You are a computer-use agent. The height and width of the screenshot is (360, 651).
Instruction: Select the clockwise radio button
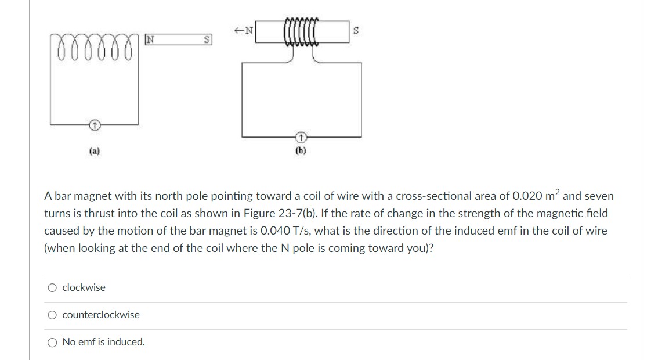point(53,287)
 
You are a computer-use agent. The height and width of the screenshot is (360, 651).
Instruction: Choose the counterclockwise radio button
point(53,315)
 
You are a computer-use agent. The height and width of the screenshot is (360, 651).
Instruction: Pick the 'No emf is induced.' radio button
point(53,342)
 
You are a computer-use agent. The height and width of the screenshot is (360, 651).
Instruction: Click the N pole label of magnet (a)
point(149,40)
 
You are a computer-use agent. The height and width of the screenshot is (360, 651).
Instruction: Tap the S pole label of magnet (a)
point(206,41)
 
